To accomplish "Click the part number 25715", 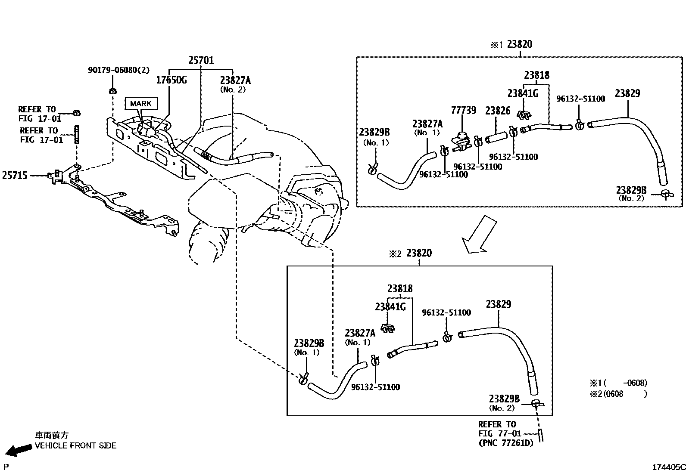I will (x=15, y=175).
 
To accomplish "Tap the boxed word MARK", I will (x=140, y=103).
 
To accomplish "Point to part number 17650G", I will (x=171, y=80).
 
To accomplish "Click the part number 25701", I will (x=201, y=60).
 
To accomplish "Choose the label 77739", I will (x=463, y=110).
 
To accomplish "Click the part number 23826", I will (x=498, y=111).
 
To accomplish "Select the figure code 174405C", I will (x=668, y=467).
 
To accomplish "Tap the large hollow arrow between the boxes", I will (x=479, y=235).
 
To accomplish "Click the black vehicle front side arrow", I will (x=20, y=450).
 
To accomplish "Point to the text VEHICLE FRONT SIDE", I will (x=75, y=445).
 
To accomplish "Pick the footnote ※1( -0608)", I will (x=618, y=383).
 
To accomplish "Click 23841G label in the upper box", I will (x=523, y=93).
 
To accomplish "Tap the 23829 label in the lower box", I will (x=499, y=304).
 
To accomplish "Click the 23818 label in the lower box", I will (x=399, y=288).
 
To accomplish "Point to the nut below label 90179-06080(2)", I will (x=112, y=91).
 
